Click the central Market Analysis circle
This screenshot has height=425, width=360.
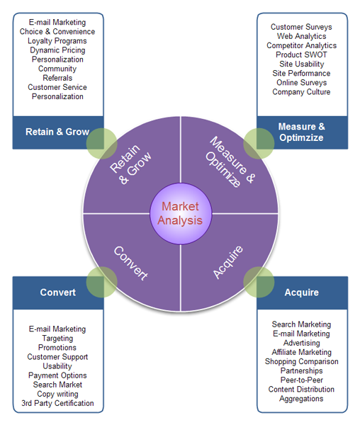tap(181, 213)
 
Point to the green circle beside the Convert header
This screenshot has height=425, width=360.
tap(102, 282)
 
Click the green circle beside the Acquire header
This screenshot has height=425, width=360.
tap(259, 282)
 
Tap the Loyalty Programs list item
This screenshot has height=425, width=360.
tap(57, 41)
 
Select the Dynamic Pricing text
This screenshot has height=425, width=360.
tap(57, 50)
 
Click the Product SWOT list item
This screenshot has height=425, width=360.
tap(301, 55)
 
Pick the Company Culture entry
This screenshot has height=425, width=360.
tap(301, 91)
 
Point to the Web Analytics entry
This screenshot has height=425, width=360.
tap(301, 36)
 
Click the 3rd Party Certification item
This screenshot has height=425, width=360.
tap(57, 403)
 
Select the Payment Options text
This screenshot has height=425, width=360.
tap(57, 375)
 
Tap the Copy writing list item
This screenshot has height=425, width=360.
tap(57, 394)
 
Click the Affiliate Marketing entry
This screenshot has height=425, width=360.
tap(301, 352)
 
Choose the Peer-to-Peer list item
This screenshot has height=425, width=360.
tap(301, 380)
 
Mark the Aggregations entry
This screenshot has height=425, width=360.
tap(301, 398)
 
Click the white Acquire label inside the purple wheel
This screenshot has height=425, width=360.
tap(227, 262)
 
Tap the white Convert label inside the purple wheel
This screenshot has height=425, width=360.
tap(130, 263)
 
